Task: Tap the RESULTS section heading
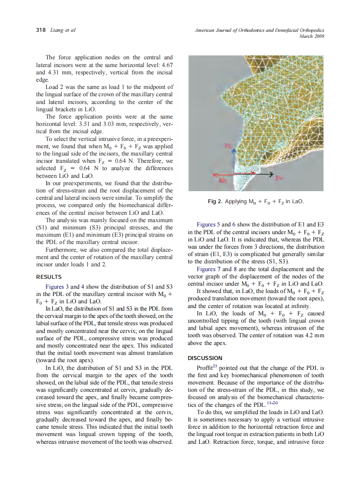coord(49,277)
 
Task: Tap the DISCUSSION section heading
coord(205,358)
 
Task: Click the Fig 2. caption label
coord(216,201)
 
